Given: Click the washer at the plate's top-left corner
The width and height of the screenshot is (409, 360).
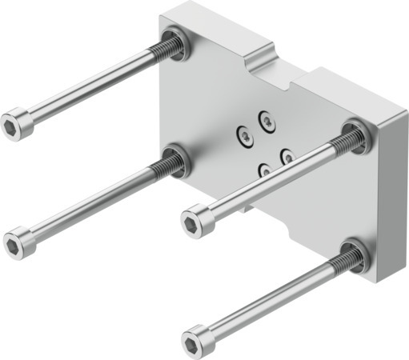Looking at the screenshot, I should point(174,44).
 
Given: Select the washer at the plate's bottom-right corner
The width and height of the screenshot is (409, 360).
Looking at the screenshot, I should point(353,255).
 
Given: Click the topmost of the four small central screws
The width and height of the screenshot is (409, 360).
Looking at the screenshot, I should point(266,120).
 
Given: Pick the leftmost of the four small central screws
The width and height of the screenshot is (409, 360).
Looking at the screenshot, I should point(244,138).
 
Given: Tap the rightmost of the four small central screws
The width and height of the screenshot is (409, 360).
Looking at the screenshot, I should point(286,157).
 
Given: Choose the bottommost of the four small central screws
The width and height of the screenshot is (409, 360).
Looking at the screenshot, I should point(264,170).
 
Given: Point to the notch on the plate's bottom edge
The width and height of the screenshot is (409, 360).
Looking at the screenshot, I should point(251,210).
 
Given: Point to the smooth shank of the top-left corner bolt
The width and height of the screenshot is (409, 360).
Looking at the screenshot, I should point(88,87).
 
